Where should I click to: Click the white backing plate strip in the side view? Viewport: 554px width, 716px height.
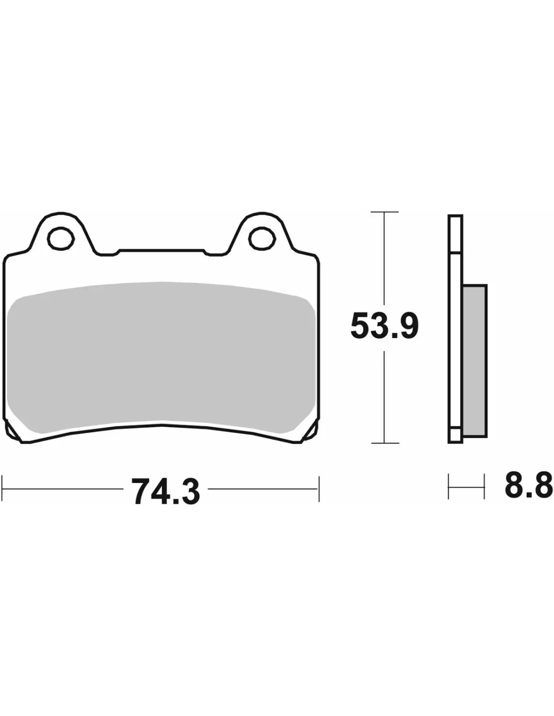click(x=455, y=328)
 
